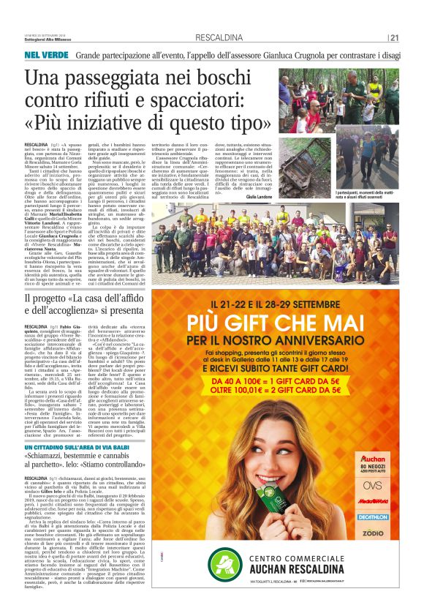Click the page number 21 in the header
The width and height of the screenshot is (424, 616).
click(394, 38)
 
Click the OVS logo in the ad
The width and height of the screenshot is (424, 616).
click(374, 484)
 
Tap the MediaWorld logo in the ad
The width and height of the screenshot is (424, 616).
click(374, 502)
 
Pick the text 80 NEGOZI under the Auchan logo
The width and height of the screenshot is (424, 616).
click(374, 465)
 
